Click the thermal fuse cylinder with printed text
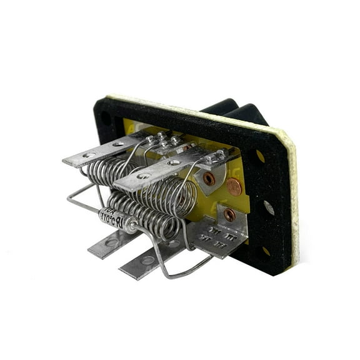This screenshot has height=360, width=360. tap(119, 219)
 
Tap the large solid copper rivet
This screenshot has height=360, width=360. tap(233, 186)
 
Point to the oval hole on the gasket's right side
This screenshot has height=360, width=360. tap(269, 207)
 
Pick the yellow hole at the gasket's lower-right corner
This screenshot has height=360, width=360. tap(266, 251)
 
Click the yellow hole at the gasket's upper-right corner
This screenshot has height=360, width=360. tap(260, 156)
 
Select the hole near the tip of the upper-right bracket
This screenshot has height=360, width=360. tap(144, 176)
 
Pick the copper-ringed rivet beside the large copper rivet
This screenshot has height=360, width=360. tap(209, 179)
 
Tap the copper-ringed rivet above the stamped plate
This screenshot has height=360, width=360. tap(229, 214)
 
